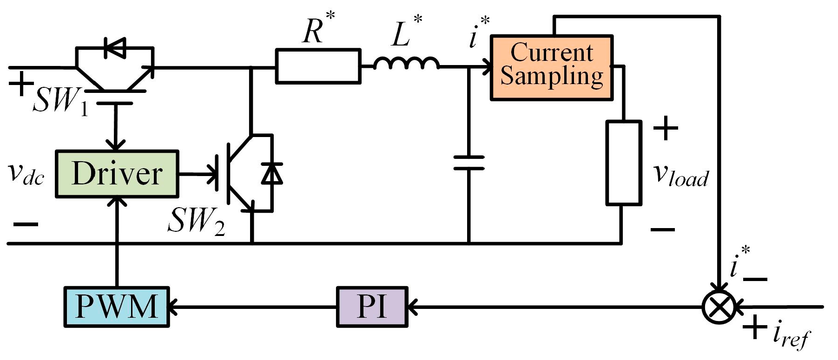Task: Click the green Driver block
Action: coord(117,174)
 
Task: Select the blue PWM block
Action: coord(116,307)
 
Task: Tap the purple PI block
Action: coord(372,307)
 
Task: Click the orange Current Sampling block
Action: coord(552,68)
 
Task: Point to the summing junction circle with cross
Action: coord(719,307)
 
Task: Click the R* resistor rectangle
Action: coord(318,66)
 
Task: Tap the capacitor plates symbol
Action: coord(468,163)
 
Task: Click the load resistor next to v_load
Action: coord(623,163)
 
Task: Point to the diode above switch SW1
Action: coord(115,47)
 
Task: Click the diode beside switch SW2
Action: coord(271,174)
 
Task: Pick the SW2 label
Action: coord(195,221)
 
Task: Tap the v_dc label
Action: coord(26,174)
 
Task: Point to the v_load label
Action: coord(680,176)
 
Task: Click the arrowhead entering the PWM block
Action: coord(172,307)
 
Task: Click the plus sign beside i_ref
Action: coord(754,327)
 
